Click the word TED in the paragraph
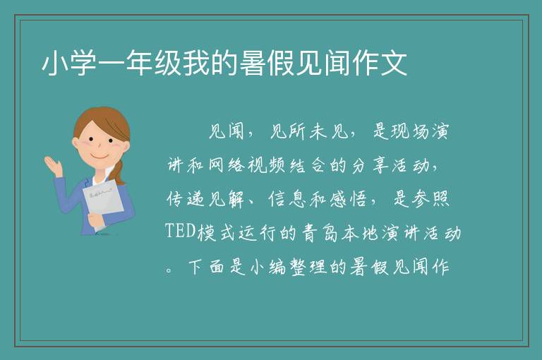[x=181, y=231]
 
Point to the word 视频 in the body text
[x=266, y=165]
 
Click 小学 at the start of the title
[x=69, y=63]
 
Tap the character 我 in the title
[x=196, y=63]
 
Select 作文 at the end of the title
[x=380, y=63]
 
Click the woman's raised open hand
[x=54, y=165]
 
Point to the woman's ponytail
[x=119, y=173]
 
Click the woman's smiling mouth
[x=100, y=157]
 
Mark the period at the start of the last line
[x=169, y=270]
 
